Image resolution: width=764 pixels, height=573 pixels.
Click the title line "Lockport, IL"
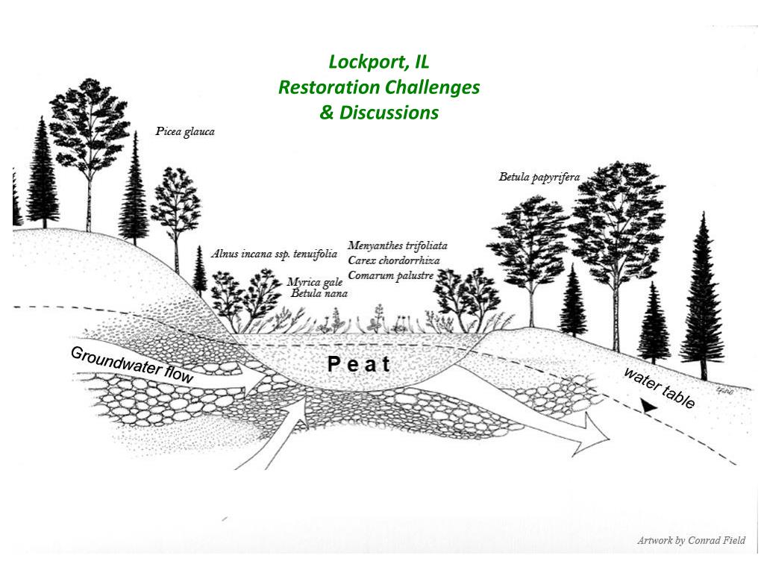click(378, 62)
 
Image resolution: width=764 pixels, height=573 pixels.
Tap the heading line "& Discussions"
click(378, 113)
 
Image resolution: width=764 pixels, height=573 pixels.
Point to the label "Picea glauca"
click(185, 132)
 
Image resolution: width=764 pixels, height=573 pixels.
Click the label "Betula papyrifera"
click(539, 178)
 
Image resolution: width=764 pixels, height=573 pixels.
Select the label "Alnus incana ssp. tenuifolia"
click(274, 254)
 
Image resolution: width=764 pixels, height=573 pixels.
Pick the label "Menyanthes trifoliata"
click(398, 245)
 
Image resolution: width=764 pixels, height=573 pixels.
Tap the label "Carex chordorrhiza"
click(394, 260)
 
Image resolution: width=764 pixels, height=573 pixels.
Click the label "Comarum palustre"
click(391, 275)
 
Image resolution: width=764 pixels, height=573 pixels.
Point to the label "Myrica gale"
click(314, 282)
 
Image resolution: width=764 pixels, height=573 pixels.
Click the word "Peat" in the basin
click(359, 365)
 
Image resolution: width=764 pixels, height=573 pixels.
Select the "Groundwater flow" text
click(132, 365)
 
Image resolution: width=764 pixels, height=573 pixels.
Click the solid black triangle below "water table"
click(650, 408)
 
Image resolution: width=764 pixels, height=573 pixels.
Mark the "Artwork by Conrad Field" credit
click(691, 540)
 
